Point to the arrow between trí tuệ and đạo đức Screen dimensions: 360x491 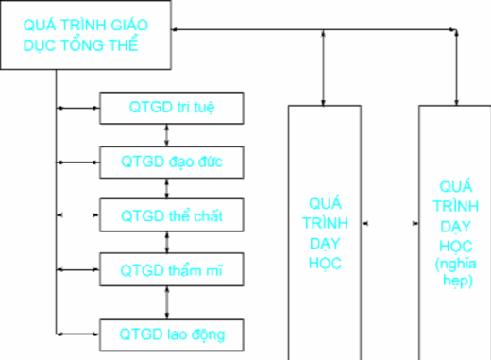pyautogui.click(x=167, y=134)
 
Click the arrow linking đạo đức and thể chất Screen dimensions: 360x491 pyautogui.click(x=167, y=188)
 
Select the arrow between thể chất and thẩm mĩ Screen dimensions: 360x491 pyautogui.click(x=167, y=243)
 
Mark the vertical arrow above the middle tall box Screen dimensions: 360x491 pyautogui.click(x=324, y=66)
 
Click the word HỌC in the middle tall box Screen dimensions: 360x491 pyautogui.click(x=325, y=260)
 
